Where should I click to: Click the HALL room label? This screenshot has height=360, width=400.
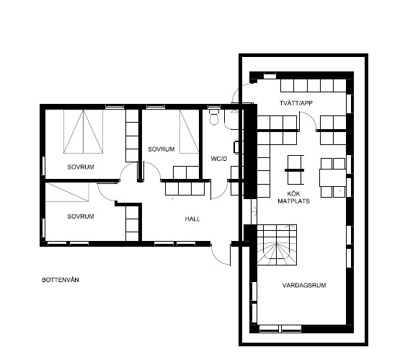click(192, 219)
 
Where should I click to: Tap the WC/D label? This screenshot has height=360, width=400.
click(219, 159)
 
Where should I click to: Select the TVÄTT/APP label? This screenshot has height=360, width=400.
click(296, 103)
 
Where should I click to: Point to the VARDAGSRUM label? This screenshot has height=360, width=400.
click(304, 285)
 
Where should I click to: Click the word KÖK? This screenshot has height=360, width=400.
click(293, 194)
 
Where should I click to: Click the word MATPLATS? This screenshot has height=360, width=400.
click(293, 201)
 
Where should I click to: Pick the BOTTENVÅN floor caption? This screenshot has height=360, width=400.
click(61, 280)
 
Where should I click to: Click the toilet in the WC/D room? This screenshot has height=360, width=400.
click(214, 117)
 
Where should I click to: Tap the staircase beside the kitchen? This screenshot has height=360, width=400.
click(277, 245)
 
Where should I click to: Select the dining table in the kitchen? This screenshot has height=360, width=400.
click(333, 177)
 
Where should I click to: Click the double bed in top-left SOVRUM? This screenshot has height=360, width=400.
click(83, 131)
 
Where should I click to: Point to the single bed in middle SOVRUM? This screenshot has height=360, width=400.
click(189, 131)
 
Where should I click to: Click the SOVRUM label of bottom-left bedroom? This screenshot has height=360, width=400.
click(81, 216)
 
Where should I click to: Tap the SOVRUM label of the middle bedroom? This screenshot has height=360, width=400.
click(161, 149)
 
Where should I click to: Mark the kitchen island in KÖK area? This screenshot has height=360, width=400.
click(295, 170)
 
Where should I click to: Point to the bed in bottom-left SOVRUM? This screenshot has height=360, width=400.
click(67, 192)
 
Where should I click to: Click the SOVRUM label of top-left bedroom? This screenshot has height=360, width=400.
click(81, 167)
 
